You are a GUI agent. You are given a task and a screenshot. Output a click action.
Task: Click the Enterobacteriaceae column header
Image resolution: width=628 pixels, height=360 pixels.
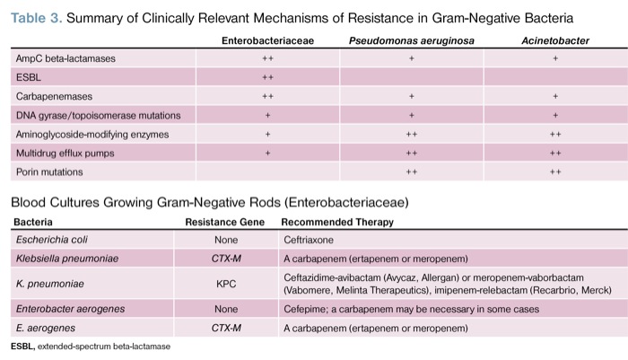click(267, 41)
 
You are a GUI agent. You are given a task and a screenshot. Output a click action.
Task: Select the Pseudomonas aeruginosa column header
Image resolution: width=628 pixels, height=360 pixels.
click(411, 41)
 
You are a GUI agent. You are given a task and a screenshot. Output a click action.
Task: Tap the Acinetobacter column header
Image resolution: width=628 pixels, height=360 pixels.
click(555, 41)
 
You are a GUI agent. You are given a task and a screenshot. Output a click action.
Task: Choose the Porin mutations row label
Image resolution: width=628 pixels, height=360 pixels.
click(49, 171)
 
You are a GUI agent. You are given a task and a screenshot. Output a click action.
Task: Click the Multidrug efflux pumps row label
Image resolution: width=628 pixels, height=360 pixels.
click(65, 153)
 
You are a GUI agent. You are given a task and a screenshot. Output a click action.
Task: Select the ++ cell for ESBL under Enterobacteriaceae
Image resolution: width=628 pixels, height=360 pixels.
click(267, 77)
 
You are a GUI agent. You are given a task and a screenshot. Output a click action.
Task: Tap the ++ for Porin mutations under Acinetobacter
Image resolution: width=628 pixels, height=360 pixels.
click(555, 171)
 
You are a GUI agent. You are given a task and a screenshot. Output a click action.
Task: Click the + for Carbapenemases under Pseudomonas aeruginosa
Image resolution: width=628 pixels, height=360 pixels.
click(411, 96)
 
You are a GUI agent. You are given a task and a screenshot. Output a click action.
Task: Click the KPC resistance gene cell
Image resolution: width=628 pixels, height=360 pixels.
click(226, 285)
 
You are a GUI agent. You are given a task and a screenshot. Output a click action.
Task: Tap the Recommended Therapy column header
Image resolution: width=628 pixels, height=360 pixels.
click(336, 222)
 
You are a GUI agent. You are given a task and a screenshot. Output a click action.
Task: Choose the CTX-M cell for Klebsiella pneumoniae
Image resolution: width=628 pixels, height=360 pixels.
click(226, 259)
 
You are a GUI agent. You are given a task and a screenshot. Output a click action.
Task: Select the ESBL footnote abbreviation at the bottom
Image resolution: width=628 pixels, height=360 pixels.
click(22, 346)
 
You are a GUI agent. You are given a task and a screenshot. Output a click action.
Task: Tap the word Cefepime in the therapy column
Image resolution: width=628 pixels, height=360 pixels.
click(303, 309)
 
